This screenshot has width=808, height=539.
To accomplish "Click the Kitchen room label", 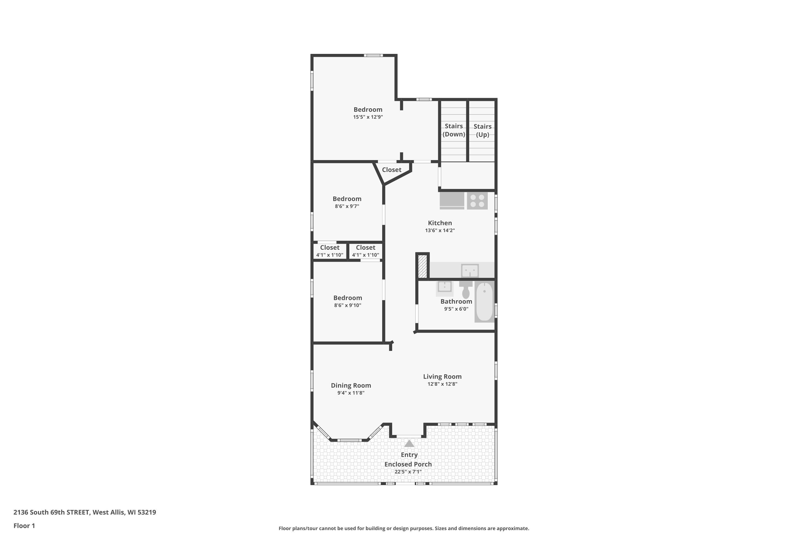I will click(440, 223).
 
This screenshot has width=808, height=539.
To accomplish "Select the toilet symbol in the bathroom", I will click(466, 290).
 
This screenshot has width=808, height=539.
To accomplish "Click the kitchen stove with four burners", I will click(477, 201).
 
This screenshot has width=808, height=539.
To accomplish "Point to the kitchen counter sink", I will click(470, 271).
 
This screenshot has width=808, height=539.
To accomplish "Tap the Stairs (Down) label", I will click(454, 130).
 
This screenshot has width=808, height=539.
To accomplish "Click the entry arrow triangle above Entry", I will click(409, 444).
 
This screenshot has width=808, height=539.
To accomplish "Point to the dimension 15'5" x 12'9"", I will click(368, 117).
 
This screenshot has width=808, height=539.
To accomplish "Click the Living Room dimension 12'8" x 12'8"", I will click(442, 384).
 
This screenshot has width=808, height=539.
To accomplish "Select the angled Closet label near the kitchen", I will click(391, 170).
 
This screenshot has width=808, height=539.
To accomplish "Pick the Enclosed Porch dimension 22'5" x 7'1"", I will click(408, 472).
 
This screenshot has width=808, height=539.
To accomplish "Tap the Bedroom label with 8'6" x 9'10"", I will click(347, 298).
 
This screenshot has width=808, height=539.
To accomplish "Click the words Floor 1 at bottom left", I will click(24, 526).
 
